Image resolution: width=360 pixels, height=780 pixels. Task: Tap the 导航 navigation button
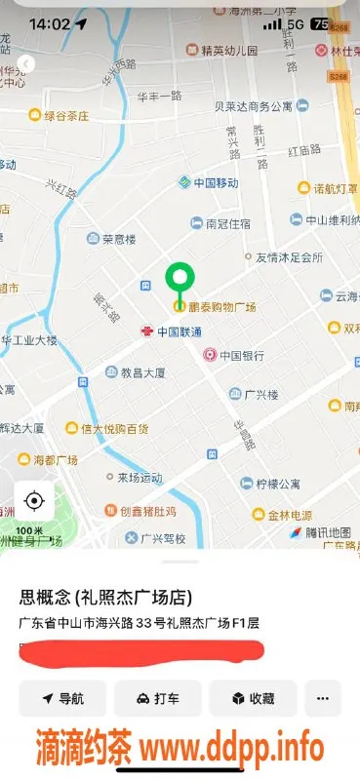click(x=61, y=698)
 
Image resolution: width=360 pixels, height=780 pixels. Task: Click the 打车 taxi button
click(x=157, y=698)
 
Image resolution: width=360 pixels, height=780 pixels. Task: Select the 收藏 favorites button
click(x=253, y=698)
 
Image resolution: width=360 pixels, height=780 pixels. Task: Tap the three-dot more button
click(x=323, y=698)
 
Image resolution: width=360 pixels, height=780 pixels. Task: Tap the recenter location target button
click(x=34, y=501)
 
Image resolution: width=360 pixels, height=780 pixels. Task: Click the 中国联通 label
click(x=180, y=331)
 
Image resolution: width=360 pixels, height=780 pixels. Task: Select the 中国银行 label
click(x=242, y=356)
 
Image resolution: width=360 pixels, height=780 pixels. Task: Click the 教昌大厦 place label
click(x=142, y=372)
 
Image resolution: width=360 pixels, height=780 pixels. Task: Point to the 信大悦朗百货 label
click(x=114, y=428)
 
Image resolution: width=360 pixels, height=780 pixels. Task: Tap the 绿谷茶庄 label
click(x=65, y=115)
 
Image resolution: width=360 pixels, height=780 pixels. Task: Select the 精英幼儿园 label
click(x=229, y=50)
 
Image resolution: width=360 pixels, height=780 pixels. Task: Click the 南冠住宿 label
click(x=227, y=223)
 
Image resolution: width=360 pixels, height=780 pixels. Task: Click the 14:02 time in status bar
click(x=50, y=23)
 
